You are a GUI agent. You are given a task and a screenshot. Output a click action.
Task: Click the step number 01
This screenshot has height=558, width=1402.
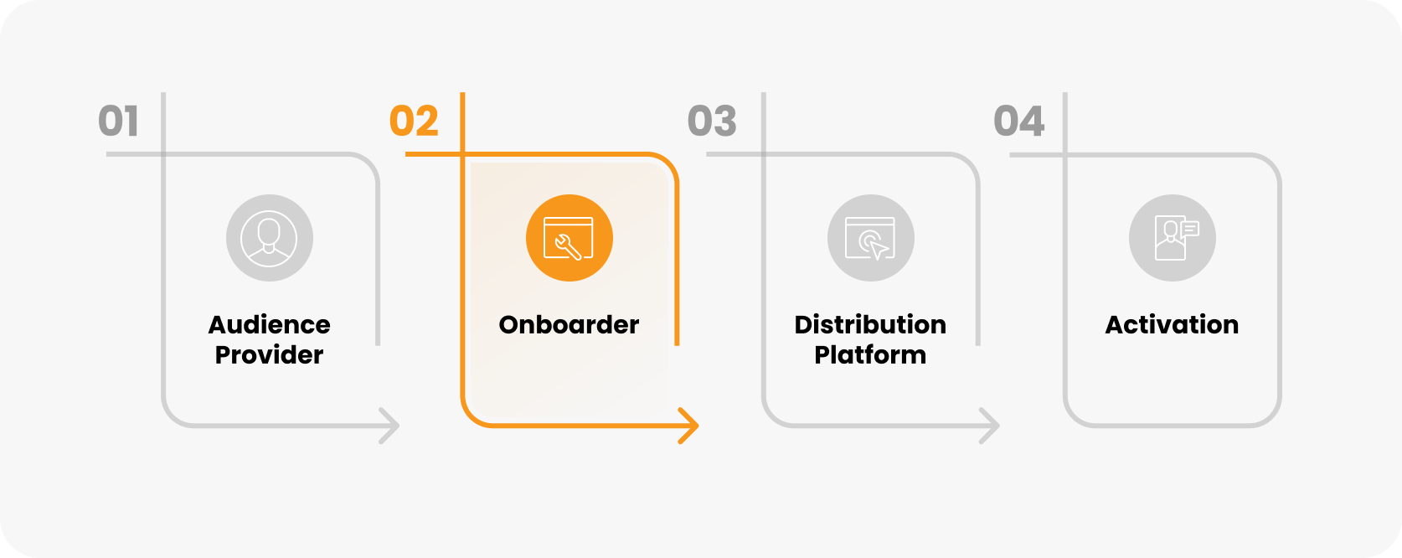point(118,121)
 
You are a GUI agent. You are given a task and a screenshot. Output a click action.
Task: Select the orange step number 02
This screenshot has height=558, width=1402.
point(414,121)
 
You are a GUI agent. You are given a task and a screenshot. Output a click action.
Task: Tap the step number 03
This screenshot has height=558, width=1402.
point(712,121)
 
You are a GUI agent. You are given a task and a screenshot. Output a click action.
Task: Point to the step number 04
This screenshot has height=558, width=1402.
point(1018,121)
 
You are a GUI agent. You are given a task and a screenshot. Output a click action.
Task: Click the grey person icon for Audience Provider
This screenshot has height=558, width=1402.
point(270,238)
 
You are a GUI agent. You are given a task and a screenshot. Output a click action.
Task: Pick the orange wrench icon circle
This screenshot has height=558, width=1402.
point(570,238)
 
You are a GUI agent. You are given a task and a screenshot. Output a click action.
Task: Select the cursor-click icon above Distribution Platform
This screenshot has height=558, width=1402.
point(871,238)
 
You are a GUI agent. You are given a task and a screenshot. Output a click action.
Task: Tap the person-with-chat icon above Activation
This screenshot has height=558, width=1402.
point(1173,238)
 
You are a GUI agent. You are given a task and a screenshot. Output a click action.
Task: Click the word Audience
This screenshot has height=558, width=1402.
point(270,325)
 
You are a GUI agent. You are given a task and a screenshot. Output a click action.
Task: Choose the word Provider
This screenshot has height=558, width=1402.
point(270,355)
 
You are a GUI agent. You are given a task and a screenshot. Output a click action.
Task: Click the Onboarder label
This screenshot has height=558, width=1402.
point(570,325)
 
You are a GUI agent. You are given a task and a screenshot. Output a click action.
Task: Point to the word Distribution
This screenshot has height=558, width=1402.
point(871,325)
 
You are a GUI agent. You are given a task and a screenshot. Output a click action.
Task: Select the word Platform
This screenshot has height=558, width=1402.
point(871,355)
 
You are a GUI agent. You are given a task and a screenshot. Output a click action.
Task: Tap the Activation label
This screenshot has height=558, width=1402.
point(1173,325)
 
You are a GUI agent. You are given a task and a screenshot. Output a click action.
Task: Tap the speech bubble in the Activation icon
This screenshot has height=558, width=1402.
point(1189,228)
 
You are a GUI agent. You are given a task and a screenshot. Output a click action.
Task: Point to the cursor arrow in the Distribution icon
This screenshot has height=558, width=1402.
point(878,249)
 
